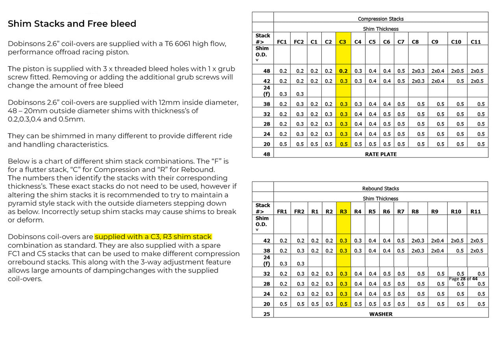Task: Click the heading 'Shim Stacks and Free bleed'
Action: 72,24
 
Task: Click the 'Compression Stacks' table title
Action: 380,19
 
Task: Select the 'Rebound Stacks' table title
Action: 380,189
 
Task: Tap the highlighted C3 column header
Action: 343,42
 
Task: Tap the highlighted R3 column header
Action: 343,212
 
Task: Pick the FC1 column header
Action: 282,42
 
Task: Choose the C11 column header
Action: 476,42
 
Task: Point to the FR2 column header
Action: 299,212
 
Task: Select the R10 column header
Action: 456,212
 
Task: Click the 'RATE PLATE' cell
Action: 380,154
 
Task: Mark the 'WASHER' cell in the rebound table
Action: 380,314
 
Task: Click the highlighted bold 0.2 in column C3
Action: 343,71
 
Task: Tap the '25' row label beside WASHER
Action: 267,314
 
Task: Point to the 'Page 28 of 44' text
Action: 463,279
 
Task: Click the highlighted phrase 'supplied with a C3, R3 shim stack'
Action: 154,237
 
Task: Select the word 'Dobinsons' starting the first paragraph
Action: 26,44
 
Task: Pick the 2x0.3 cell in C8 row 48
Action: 418,71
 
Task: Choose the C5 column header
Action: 372,42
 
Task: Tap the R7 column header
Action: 401,212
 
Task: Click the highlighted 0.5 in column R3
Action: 343,304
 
